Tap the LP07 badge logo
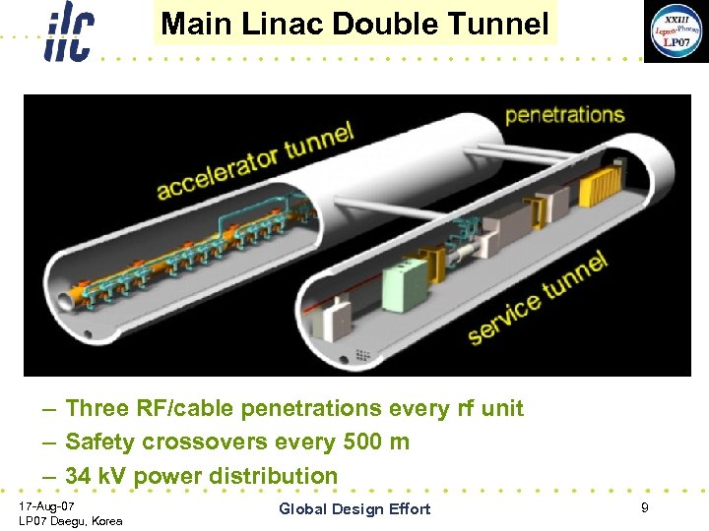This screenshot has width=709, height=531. [x=675, y=31]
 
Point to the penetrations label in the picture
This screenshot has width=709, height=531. [x=564, y=114]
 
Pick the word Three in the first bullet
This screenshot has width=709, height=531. [x=97, y=408]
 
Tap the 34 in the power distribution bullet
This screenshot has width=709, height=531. [x=78, y=476]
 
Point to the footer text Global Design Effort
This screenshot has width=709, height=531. [x=354, y=508]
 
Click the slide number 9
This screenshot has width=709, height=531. [x=644, y=507]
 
